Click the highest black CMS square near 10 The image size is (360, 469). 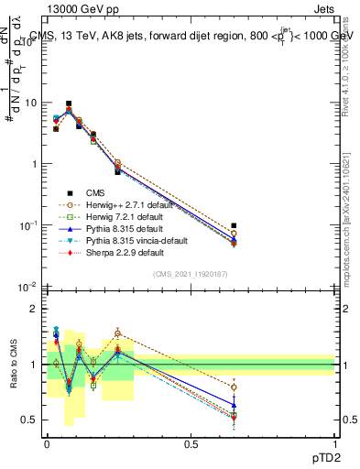point(69,104)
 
